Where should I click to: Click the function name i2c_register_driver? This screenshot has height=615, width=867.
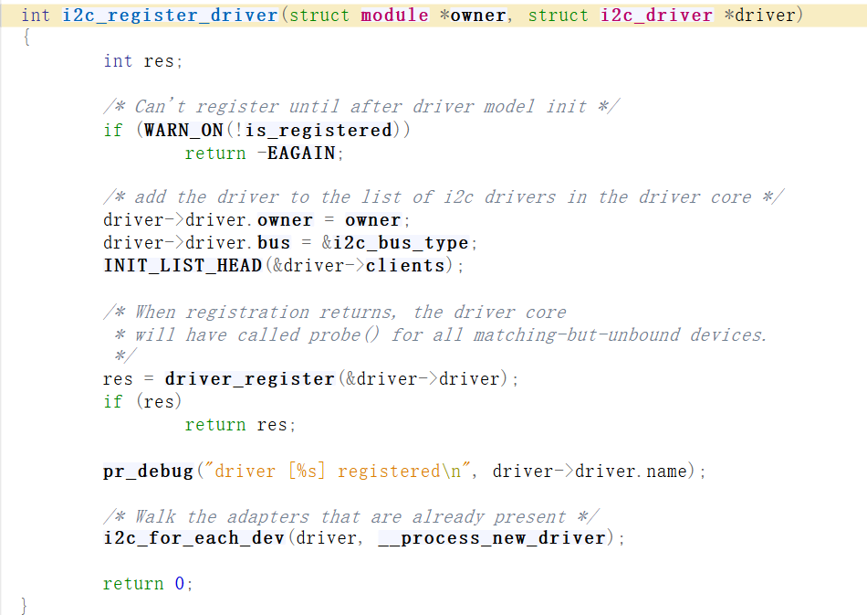coord(170,16)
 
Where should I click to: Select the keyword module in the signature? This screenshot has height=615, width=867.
coord(394,16)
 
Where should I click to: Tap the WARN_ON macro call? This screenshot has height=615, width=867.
coord(183,130)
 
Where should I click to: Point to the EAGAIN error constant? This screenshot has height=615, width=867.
coord(301,153)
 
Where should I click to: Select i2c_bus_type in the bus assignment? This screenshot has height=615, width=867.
coord(401,243)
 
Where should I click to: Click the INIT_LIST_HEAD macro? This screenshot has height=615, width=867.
coord(182,266)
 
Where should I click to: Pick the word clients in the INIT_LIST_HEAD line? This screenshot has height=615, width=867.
coord(405,266)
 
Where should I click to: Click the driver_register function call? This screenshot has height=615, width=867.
coord(249,379)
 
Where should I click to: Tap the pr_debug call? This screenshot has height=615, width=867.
coord(148,472)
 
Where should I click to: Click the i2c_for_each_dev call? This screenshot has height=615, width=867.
coord(195,538)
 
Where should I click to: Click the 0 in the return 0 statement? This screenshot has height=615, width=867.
coord(180,584)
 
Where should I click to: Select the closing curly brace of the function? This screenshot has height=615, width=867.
coord(25,605)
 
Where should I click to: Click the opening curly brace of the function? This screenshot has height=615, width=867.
coord(26,38)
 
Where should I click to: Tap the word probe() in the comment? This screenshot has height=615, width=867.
coord(334,334)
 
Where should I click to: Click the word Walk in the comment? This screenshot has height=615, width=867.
coord(156,516)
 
